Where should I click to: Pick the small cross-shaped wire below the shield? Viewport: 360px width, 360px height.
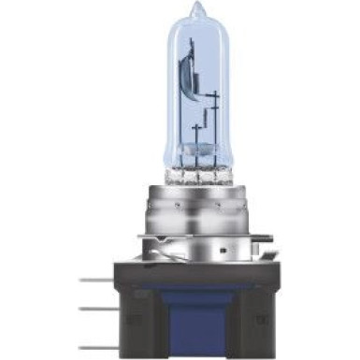(195, 126)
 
